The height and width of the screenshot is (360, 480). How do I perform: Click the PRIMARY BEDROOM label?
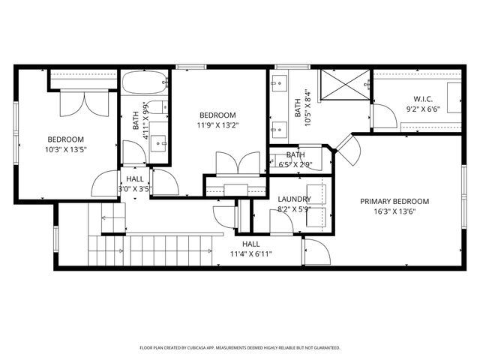point(394,201)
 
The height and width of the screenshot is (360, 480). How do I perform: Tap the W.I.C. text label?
point(423,99)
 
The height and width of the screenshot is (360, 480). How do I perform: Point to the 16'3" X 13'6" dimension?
point(394,211)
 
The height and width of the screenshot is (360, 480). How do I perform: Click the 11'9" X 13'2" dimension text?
point(217,125)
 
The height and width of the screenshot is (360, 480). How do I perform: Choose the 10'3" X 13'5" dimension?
point(66,149)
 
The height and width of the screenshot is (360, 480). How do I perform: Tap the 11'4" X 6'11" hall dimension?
point(251,254)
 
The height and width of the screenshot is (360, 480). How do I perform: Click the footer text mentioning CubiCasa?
point(240,348)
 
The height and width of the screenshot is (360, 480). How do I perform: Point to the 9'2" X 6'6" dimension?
point(423,109)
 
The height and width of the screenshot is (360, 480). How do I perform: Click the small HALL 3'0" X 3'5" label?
point(135,184)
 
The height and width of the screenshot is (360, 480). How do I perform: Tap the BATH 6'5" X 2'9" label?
point(295,159)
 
